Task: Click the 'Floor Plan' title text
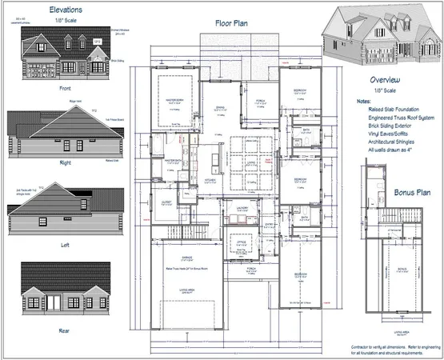(x=232, y=24)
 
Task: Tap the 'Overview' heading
(x=390, y=82)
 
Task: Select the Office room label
(x=240, y=241)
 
